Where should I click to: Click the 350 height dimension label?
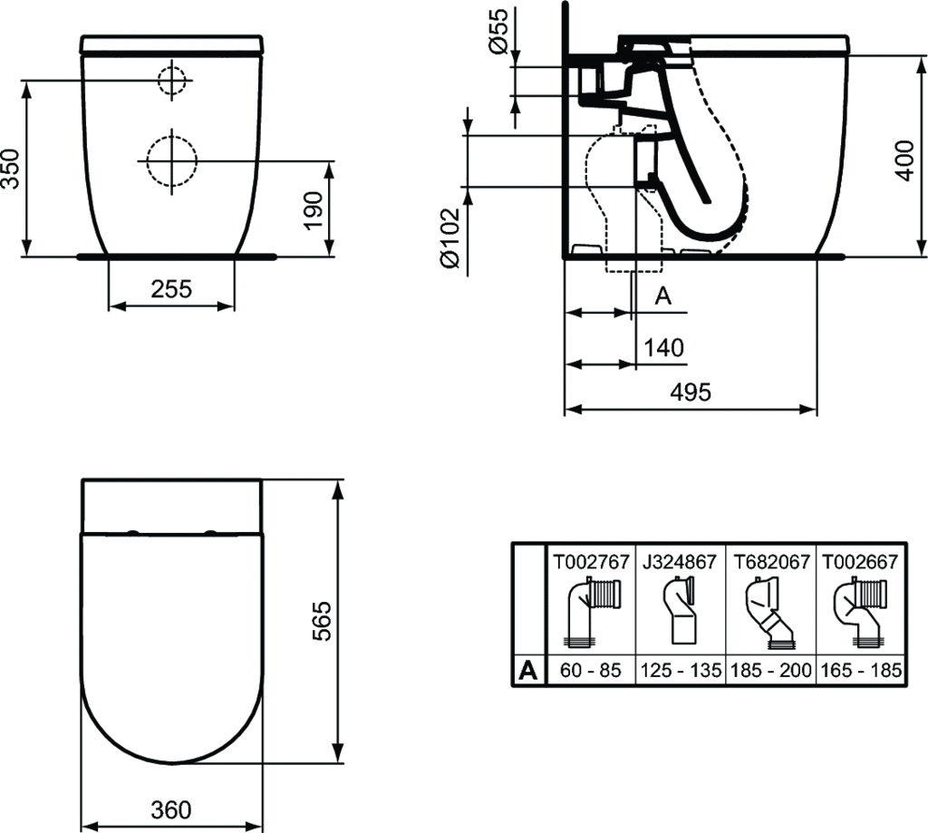[x=11, y=169]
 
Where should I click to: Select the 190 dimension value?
[x=313, y=210]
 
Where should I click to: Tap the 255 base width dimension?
[x=171, y=289]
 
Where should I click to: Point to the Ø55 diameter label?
[x=498, y=32]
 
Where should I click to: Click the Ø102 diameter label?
[x=450, y=237]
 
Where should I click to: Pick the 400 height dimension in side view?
[x=904, y=160]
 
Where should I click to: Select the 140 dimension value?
[x=663, y=347]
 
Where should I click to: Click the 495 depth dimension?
[x=691, y=392]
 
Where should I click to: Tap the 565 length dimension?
[x=322, y=621]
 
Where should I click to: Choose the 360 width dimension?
[x=171, y=809]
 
